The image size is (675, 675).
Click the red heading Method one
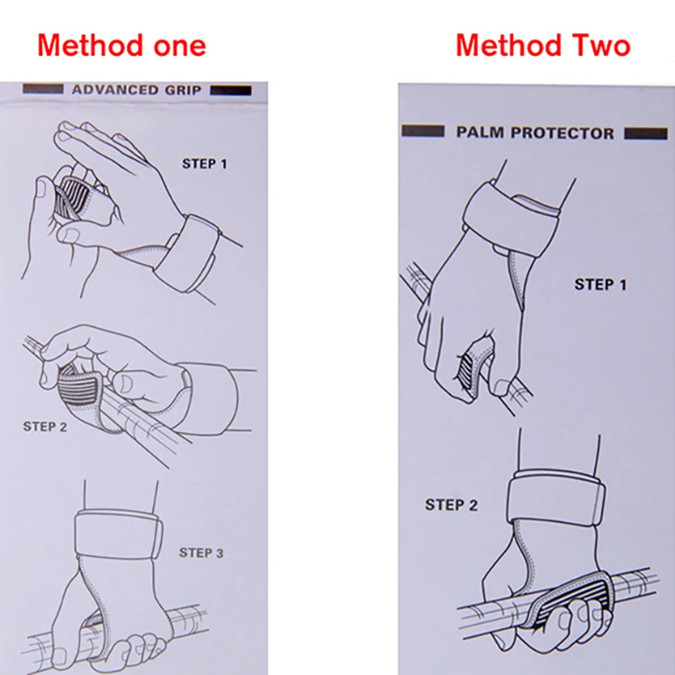[x=121, y=45]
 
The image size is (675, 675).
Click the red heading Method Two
[x=543, y=45]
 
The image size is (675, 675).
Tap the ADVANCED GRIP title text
[x=137, y=90]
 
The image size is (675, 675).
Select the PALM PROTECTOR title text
[x=535, y=132]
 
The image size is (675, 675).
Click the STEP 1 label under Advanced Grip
[x=204, y=164]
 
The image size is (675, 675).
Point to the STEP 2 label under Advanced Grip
[x=45, y=427]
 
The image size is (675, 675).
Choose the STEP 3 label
[x=202, y=553]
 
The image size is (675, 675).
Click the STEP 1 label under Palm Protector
[x=600, y=284]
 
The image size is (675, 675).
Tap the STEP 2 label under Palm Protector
[x=452, y=505]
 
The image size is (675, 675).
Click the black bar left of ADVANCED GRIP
[x=43, y=89]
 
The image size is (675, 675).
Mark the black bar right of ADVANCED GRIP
[x=230, y=90]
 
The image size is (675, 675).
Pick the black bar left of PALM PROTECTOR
[x=423, y=130]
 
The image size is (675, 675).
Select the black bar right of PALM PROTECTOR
[x=645, y=133]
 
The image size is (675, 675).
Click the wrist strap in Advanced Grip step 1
[x=188, y=254]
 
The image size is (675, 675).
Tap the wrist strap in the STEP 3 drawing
[x=119, y=534]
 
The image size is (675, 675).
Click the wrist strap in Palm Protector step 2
[x=556, y=497]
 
